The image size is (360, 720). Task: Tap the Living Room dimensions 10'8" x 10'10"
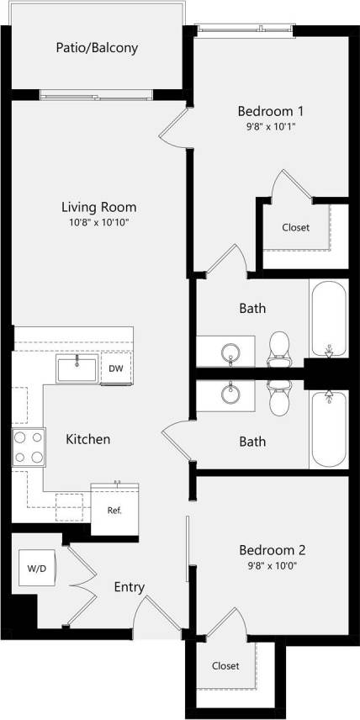point(99,222)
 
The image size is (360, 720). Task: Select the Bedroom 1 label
point(270,111)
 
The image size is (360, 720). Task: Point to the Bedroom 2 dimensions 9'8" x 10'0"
point(272,565)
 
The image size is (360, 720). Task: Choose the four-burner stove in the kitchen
point(28,447)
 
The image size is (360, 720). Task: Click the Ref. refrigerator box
point(114,511)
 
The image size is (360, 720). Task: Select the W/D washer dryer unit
point(37,569)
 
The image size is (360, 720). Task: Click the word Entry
point(130,587)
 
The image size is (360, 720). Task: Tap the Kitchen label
point(88,439)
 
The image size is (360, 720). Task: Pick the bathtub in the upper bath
point(328,320)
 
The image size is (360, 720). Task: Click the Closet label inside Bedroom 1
point(295,228)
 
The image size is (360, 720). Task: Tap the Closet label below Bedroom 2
point(225,666)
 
